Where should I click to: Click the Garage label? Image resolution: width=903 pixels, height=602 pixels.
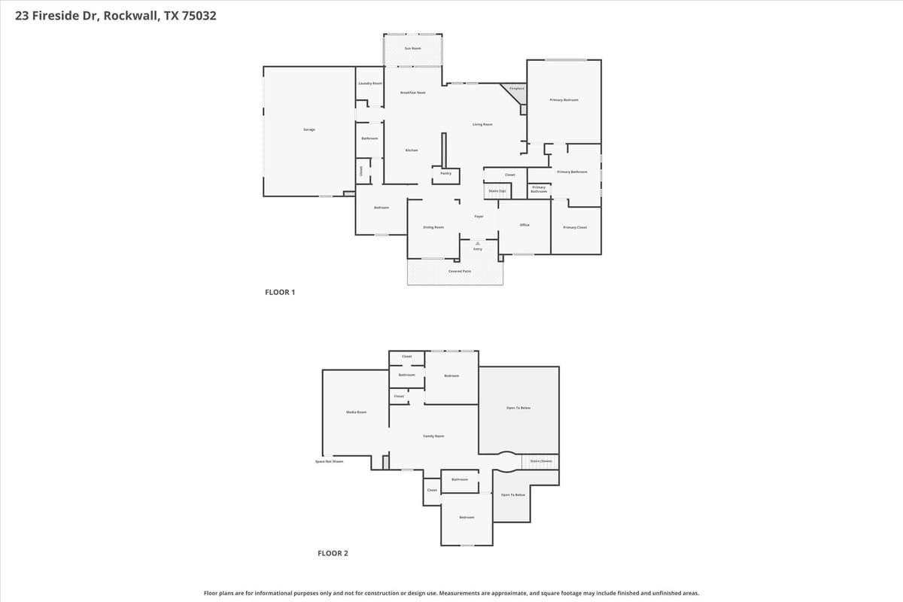[309, 129]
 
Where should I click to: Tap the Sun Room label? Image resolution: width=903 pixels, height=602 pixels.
[413, 48]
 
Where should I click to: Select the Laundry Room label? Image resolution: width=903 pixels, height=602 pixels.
[370, 84]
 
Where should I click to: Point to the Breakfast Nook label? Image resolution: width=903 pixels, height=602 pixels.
[413, 93]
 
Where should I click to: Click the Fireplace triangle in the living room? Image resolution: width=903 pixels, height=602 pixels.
[515, 91]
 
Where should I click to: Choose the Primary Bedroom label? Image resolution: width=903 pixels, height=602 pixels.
[564, 100]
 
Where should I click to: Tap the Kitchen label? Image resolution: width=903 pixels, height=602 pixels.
[412, 150]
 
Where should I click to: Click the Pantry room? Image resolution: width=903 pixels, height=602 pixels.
[445, 174]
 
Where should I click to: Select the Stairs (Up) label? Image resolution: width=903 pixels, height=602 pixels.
[497, 191]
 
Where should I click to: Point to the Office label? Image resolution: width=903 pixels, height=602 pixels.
[524, 225]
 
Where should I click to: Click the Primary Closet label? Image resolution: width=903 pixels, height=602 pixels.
[575, 227]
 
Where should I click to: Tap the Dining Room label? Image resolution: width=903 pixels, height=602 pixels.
[433, 227]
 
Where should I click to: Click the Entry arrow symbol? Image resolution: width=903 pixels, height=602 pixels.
[478, 243]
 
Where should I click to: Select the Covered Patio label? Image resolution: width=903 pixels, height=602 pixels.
[460, 271]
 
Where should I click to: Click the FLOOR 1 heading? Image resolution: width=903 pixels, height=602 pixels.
[280, 292]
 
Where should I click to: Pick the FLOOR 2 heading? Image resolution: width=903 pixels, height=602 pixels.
[333, 553]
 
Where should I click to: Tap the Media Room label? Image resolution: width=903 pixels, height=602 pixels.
[356, 412]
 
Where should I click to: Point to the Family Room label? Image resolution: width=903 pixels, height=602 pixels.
[433, 436]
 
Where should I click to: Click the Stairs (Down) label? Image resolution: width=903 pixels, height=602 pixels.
[541, 461]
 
